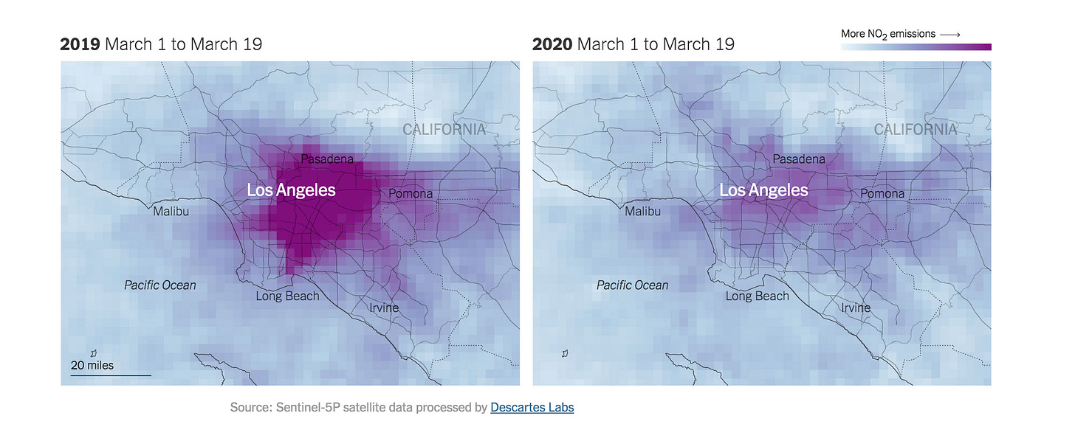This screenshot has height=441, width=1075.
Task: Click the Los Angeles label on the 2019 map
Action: click(x=291, y=190)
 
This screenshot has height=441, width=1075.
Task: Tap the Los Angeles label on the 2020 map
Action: click(x=763, y=190)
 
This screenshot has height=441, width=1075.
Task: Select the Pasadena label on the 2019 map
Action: click(x=327, y=159)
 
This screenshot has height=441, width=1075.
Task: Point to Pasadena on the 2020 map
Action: click(x=799, y=159)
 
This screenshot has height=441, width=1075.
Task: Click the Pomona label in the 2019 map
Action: click(x=411, y=194)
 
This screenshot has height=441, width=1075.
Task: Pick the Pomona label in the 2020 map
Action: click(x=882, y=194)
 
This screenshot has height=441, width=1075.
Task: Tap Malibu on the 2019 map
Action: click(x=171, y=212)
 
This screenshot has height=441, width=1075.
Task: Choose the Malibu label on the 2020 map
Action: click(x=644, y=212)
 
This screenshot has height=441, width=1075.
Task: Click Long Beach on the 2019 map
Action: click(x=288, y=296)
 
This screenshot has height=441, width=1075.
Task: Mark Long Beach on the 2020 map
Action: click(x=758, y=296)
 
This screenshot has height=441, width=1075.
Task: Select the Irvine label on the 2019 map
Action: click(x=384, y=308)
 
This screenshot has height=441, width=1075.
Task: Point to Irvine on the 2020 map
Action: click(x=856, y=308)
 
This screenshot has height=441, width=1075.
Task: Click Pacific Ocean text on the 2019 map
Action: click(x=160, y=285)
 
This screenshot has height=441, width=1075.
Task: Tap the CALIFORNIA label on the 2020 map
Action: click(x=916, y=130)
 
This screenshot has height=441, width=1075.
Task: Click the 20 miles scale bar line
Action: click(x=111, y=375)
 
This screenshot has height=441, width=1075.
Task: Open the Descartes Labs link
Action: click(x=532, y=407)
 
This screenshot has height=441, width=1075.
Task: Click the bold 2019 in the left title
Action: click(x=80, y=44)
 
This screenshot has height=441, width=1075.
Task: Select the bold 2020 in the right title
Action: click(x=552, y=44)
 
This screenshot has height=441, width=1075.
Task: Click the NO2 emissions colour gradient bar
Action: click(x=916, y=47)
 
